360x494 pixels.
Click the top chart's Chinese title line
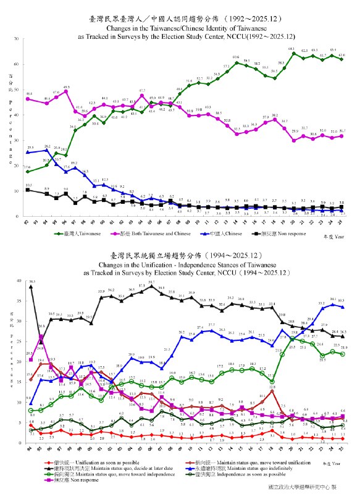(x=180, y=12)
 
